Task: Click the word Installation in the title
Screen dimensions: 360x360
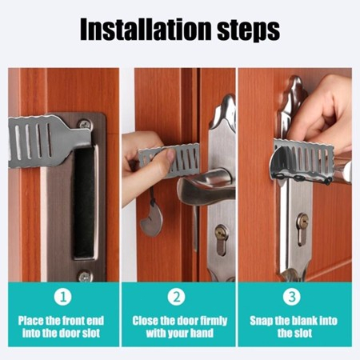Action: pyautogui.click(x=146, y=29)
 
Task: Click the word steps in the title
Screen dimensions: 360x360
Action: pyautogui.click(x=248, y=30)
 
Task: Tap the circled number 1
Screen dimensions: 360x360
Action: pyautogui.click(x=63, y=297)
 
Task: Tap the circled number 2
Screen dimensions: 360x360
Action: pyautogui.click(x=177, y=297)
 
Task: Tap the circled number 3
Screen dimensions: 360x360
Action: pyautogui.click(x=292, y=297)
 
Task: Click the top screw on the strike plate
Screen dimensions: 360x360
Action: pyautogui.click(x=85, y=124)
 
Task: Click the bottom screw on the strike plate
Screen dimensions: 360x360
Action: pyautogui.click(x=85, y=276)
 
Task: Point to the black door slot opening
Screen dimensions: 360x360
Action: pyautogui.click(x=84, y=202)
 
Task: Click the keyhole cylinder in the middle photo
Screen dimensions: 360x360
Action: pyautogui.click(x=222, y=239)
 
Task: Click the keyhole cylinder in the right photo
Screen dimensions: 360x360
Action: pyautogui.click(x=302, y=229)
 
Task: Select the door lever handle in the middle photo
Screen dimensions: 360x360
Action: pyautogui.click(x=206, y=184)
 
